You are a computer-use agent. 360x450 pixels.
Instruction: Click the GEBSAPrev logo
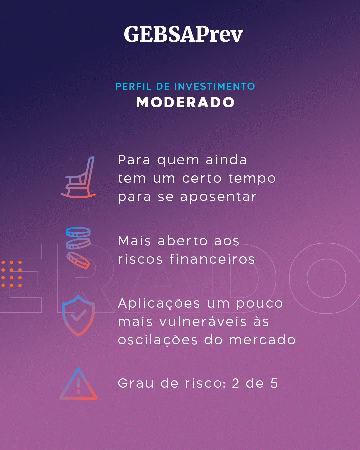183,34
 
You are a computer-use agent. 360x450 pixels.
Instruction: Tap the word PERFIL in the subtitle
133,86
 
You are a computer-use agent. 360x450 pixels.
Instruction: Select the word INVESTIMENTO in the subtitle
214,86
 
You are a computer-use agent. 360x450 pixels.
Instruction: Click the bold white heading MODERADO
185,102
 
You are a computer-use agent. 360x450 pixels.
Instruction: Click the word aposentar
218,197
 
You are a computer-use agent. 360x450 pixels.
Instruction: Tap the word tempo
252,179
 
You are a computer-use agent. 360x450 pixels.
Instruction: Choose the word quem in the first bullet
178,160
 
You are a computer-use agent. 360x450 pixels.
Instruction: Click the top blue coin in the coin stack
78,232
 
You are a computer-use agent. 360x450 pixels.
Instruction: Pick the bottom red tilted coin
78,260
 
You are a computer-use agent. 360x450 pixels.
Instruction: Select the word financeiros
212,259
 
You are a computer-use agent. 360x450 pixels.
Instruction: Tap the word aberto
183,241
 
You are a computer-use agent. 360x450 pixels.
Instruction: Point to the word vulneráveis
203,322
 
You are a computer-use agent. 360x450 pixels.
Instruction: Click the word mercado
262,340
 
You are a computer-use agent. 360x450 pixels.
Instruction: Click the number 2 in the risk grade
235,383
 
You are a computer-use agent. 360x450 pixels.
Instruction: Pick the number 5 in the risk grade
274,383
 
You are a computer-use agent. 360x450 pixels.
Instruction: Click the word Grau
136,383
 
